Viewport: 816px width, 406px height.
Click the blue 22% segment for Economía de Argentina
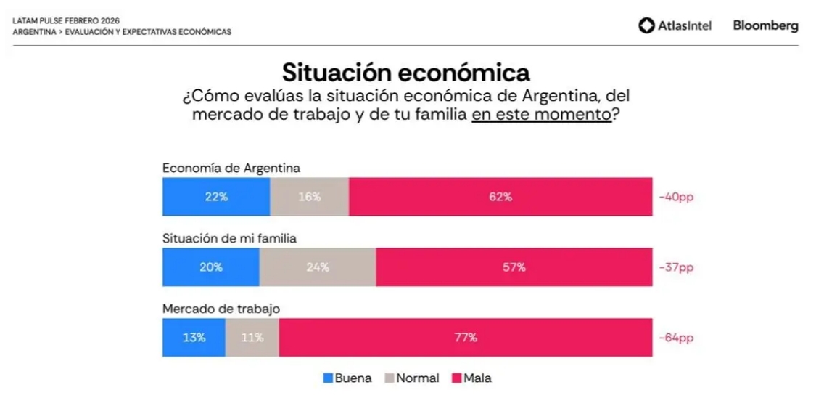[216, 197]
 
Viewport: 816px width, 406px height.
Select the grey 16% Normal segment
[309, 197]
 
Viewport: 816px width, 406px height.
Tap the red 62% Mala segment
[500, 197]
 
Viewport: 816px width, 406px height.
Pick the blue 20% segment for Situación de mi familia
[210, 267]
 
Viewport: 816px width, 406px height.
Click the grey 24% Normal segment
[317, 267]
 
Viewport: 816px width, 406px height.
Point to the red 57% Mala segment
[514, 267]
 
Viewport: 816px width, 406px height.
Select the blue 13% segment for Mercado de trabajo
[194, 337]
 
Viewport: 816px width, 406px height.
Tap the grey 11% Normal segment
[252, 337]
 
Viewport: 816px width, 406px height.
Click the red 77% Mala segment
[466, 337]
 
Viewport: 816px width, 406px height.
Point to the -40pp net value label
[676, 197]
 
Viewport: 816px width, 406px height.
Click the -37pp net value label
[676, 267]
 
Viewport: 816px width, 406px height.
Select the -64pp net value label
[676, 338]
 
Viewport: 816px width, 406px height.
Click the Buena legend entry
[347, 378]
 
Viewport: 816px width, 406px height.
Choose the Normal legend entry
[411, 378]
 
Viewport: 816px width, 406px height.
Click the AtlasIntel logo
[675, 26]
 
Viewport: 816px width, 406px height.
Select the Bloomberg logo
[765, 25]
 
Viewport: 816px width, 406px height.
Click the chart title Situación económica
[405, 73]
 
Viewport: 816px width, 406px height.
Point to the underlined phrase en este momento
[541, 115]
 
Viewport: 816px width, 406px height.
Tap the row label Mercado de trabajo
[221, 309]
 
